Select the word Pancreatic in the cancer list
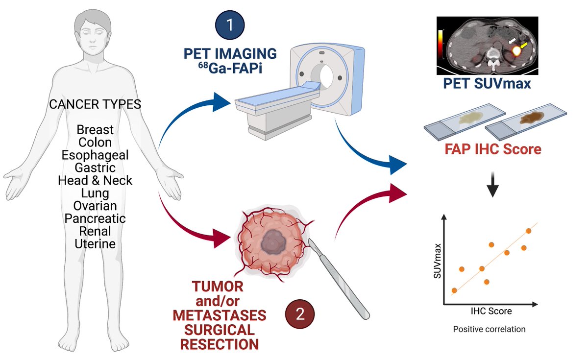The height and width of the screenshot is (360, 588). coord(95,218)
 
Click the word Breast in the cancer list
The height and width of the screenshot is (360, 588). coord(95,130)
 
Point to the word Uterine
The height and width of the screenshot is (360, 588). coord(95,243)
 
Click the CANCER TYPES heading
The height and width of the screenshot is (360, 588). coord(95,104)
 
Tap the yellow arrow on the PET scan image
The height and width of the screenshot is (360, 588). coord(525,46)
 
